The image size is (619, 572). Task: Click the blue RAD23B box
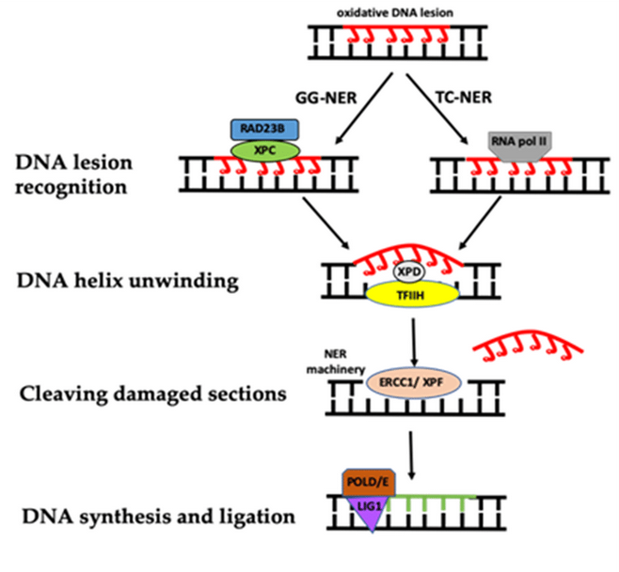pos(264,130)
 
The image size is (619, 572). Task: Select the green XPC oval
pos(265,150)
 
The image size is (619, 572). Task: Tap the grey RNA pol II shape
pos(519,147)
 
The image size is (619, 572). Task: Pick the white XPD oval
pos(409,271)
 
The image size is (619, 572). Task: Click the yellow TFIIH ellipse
pos(412,295)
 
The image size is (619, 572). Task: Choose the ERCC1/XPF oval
pos(414,382)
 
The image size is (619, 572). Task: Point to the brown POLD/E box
pos(369,482)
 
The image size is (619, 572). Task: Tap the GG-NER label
pos(326,98)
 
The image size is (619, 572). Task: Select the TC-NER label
pos(465,97)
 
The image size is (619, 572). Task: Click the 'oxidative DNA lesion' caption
pos(395,13)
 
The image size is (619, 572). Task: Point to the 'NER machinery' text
pos(336,362)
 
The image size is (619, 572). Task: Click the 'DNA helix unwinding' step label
pos(128,281)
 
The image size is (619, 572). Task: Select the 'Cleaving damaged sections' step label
pos(153,394)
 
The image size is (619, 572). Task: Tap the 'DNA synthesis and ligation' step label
pos(159,517)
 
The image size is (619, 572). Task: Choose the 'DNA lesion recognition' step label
pos(73,175)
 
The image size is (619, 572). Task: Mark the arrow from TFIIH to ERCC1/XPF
pos(414,342)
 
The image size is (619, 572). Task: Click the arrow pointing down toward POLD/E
pos(412,456)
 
